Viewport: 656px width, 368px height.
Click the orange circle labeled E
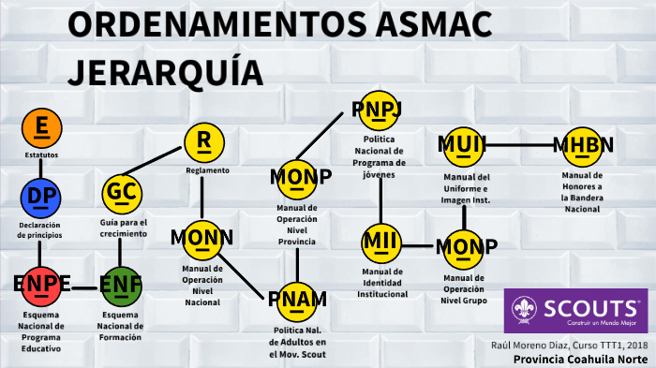[40, 125]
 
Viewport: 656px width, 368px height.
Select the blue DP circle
[40, 196]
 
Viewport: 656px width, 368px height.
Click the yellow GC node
[123, 193]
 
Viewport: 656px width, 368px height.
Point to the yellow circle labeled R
[203, 141]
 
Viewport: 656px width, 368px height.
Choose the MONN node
[202, 240]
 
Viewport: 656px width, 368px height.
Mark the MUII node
[462, 145]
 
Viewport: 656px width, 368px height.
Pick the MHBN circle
[581, 145]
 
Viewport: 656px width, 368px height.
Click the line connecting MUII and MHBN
[521, 145]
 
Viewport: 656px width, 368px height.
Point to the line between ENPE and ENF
[81, 287]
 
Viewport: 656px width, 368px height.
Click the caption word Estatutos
[40, 154]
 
